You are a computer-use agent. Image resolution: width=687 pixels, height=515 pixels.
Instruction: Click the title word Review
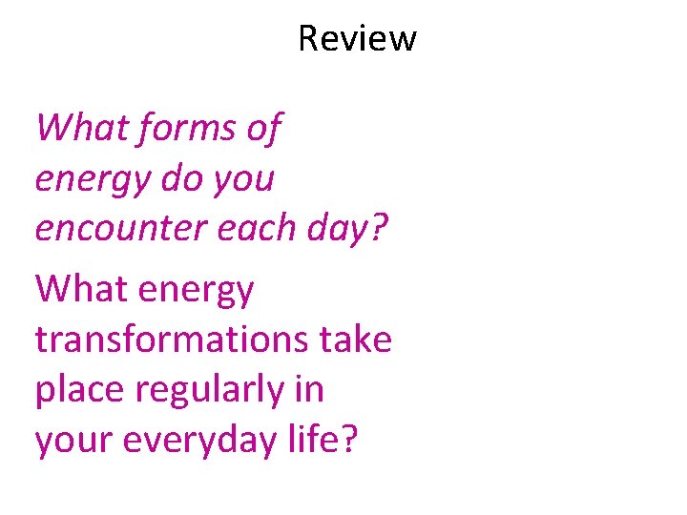coord(357,38)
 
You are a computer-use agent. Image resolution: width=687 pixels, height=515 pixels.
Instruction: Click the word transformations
coord(170,339)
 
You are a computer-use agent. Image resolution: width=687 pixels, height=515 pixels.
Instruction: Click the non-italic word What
coord(73,289)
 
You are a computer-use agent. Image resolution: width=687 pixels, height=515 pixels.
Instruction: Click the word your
coord(70,442)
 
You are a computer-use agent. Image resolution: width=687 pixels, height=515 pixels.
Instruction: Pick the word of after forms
coord(262,127)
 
